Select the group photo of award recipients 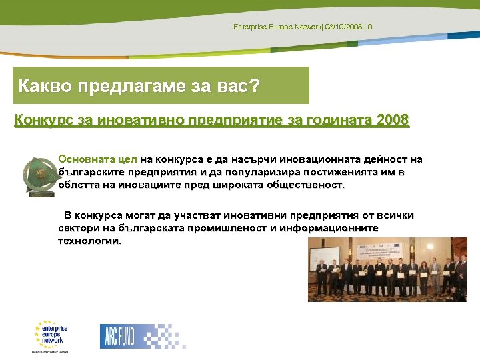[387, 269]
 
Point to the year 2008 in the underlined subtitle [393, 121]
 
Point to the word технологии [89, 241]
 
